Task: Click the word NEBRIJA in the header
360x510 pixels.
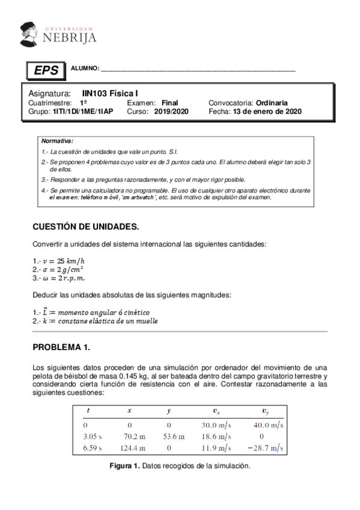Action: pyautogui.click(x=69, y=38)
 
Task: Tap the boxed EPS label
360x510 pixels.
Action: pyautogui.click(x=46, y=70)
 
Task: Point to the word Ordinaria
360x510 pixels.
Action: pyautogui.click(x=271, y=103)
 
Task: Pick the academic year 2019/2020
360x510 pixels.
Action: pyautogui.click(x=171, y=111)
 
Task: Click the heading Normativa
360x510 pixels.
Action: pyautogui.click(x=57, y=140)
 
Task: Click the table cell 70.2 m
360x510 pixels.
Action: pyautogui.click(x=129, y=436)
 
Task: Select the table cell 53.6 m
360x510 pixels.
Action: pyautogui.click(x=168, y=436)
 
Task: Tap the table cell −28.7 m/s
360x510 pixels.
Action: pyautogui.click(x=264, y=447)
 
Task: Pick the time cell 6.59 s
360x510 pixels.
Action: pyautogui.click(x=92, y=447)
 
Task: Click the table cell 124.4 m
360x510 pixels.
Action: pyautogui.click(x=129, y=447)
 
